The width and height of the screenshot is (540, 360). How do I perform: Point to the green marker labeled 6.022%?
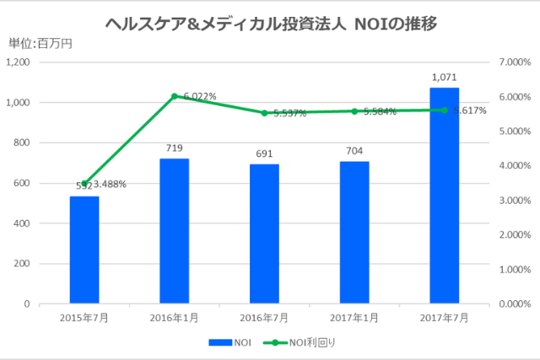point(174,96)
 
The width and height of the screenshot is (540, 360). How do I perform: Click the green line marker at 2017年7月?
point(445,110)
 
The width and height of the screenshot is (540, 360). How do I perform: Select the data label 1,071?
point(445,78)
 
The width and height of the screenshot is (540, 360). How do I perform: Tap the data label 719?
point(174,148)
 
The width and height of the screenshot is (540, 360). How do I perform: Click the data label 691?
point(264,154)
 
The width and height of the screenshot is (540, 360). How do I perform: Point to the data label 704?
point(354,152)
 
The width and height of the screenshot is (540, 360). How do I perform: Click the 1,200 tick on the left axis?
point(18,62)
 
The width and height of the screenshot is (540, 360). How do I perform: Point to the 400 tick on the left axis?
point(22,223)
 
